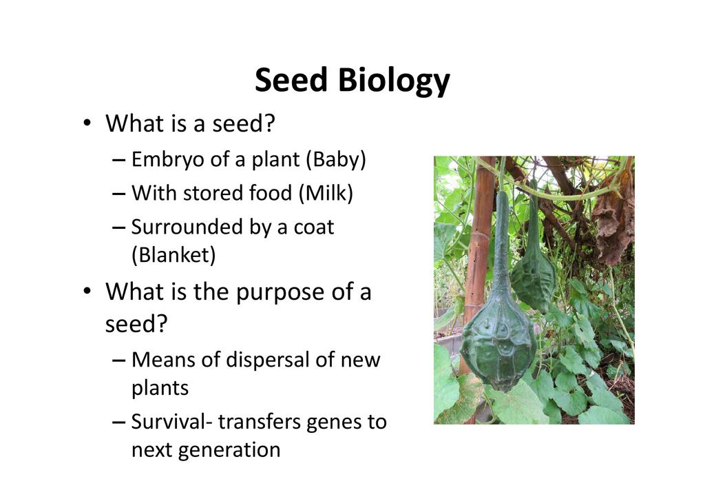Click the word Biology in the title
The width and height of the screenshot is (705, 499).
[394, 81]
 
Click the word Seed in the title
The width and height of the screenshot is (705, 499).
[291, 80]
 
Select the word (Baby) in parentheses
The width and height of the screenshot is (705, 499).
[336, 160]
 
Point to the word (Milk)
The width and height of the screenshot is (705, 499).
[326, 193]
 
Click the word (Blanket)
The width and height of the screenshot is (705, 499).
[173, 255]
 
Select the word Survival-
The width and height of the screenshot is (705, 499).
[171, 422]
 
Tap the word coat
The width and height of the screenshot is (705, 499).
[314, 227]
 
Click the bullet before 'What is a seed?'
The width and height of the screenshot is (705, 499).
[87, 123]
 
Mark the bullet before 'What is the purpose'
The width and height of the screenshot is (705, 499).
[87, 291]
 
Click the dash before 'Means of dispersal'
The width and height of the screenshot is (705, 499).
[118, 361]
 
